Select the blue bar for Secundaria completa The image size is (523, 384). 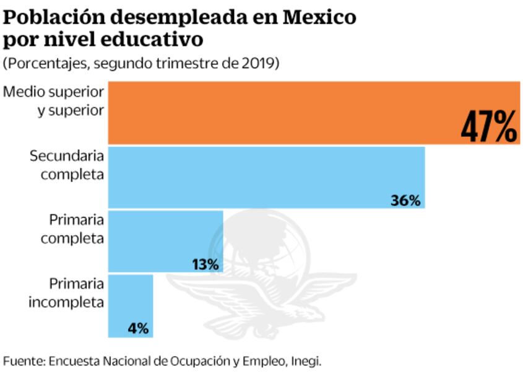266,177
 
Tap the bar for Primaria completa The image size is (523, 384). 165,240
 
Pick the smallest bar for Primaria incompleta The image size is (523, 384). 131,305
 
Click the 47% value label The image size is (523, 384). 488,127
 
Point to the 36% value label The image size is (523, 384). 405,200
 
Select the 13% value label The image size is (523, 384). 205,264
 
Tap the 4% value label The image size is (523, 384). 138,329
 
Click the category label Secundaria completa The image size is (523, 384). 67,165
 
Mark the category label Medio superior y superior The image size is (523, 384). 54,100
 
